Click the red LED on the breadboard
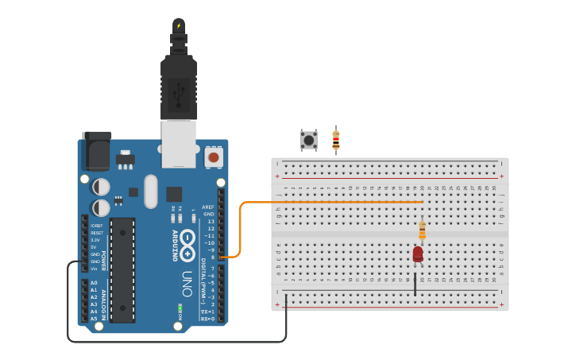click(418, 254)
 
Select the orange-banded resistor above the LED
click(422, 230)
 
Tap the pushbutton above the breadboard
click(308, 141)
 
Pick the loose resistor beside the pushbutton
click(335, 140)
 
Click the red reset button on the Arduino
click(213, 157)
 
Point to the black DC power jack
click(96, 151)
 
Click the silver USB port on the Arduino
click(179, 143)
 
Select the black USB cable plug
click(179, 87)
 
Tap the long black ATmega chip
click(122, 270)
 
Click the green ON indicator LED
click(180, 307)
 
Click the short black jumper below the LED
click(415, 284)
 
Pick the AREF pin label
click(208, 207)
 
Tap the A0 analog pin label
click(94, 283)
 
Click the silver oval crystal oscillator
click(151, 191)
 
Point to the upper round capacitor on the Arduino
click(101, 186)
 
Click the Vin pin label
click(95, 269)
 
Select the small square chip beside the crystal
click(173, 193)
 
